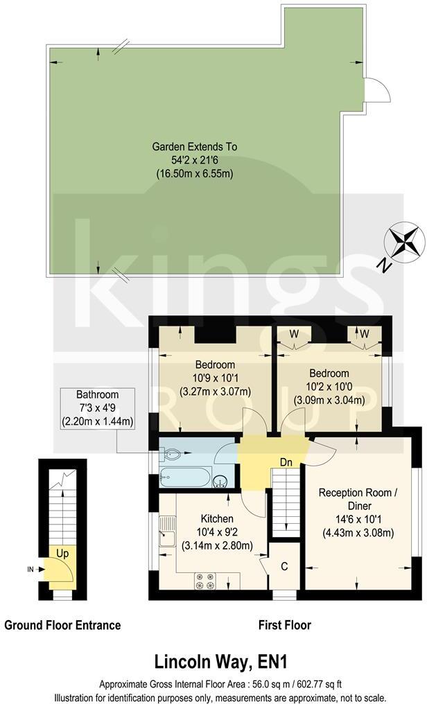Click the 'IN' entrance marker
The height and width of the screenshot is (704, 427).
click(x=31, y=570)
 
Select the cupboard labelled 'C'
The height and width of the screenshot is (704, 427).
click(x=285, y=565)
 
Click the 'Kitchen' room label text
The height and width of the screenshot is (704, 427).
click(x=217, y=518)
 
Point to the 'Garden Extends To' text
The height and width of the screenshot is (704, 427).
click(x=194, y=147)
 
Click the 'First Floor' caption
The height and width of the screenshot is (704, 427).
click(x=285, y=625)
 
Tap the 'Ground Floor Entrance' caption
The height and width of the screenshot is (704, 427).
click(x=62, y=625)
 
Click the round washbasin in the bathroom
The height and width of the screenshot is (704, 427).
click(x=220, y=481)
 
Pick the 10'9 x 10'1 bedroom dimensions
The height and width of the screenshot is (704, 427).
click(x=214, y=378)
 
